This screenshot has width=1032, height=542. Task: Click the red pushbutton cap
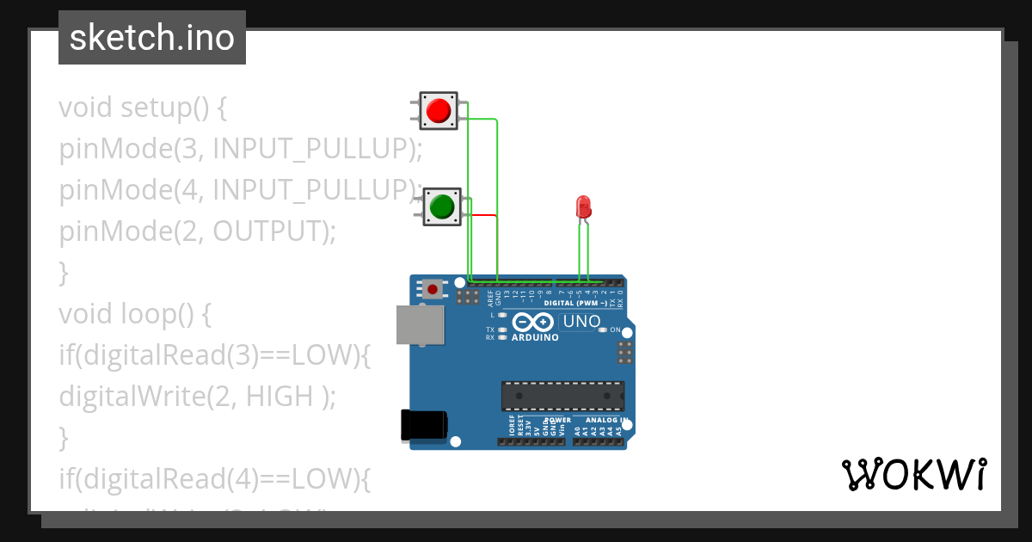pyautogui.click(x=439, y=111)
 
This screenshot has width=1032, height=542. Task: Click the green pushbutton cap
pyautogui.click(x=442, y=206)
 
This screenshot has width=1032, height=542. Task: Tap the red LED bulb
pyautogui.click(x=582, y=206)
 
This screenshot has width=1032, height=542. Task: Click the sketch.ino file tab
pyautogui.click(x=152, y=38)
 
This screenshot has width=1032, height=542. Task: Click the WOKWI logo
pyautogui.click(x=913, y=474)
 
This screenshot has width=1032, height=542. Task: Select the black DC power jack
pyautogui.click(x=424, y=426)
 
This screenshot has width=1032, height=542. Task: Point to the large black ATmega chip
pyautogui.click(x=562, y=396)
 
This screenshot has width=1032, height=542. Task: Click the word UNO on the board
pyautogui.click(x=581, y=322)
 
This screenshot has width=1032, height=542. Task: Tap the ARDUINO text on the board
pyautogui.click(x=535, y=337)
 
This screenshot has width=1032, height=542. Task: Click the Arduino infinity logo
pyautogui.click(x=534, y=322)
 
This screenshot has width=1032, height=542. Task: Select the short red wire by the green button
pyautogui.click(x=483, y=215)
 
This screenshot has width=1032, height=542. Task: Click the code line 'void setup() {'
pyautogui.click(x=143, y=108)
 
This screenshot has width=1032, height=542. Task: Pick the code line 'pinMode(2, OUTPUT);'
pyautogui.click(x=197, y=231)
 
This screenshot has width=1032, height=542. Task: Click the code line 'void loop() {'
pyautogui.click(x=134, y=314)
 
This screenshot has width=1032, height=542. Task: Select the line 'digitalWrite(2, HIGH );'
pyautogui.click(x=197, y=397)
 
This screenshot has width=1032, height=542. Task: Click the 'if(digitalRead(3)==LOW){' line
pyautogui.click(x=214, y=355)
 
